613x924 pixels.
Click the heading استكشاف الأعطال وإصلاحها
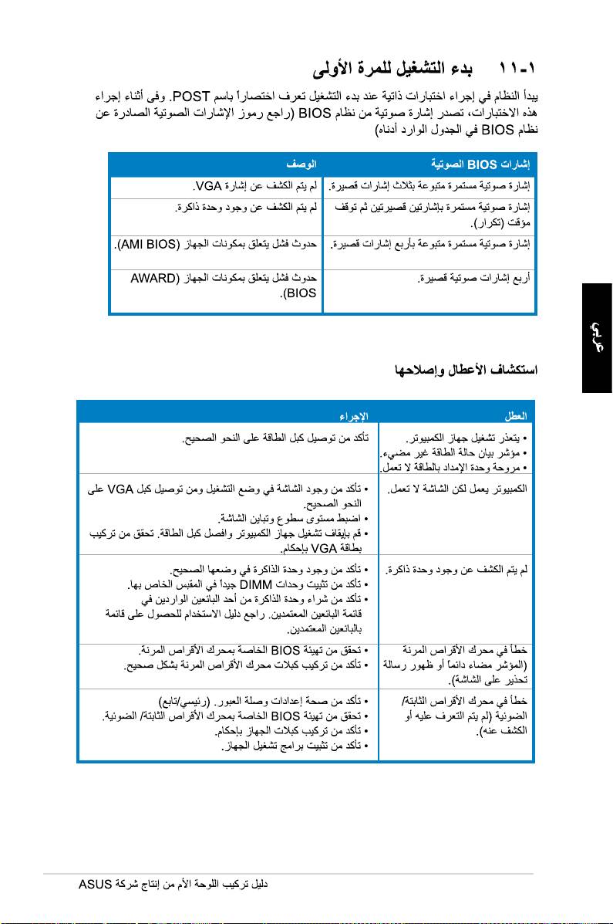point(465,370)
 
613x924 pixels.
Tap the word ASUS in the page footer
point(96,883)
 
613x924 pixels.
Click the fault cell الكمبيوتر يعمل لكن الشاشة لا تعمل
point(456,489)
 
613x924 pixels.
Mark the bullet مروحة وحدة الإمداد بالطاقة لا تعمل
point(454,466)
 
